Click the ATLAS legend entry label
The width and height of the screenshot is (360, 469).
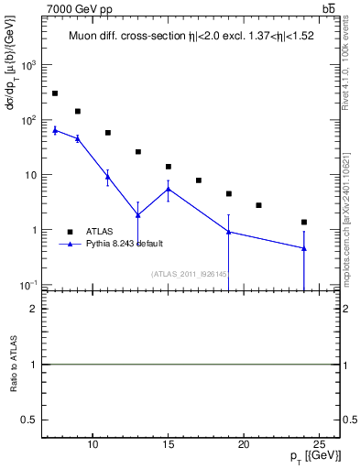[100, 232]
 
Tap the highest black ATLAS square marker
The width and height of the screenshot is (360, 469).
[55, 93]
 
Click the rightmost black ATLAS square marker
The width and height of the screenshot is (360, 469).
[303, 222]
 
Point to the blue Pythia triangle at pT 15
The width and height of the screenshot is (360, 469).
[169, 189]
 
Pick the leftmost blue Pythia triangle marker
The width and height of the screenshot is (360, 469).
[55, 130]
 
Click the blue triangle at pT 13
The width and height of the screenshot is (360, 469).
[138, 215]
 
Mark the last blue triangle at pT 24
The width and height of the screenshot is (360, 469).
[303, 248]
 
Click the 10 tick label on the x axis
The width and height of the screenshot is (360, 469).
[93, 446]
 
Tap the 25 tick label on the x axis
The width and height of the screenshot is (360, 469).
[319, 446]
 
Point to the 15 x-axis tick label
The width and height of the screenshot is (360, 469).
[168, 446]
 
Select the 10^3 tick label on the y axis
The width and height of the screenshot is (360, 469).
[30, 66]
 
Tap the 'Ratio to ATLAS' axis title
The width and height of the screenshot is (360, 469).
[15, 365]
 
